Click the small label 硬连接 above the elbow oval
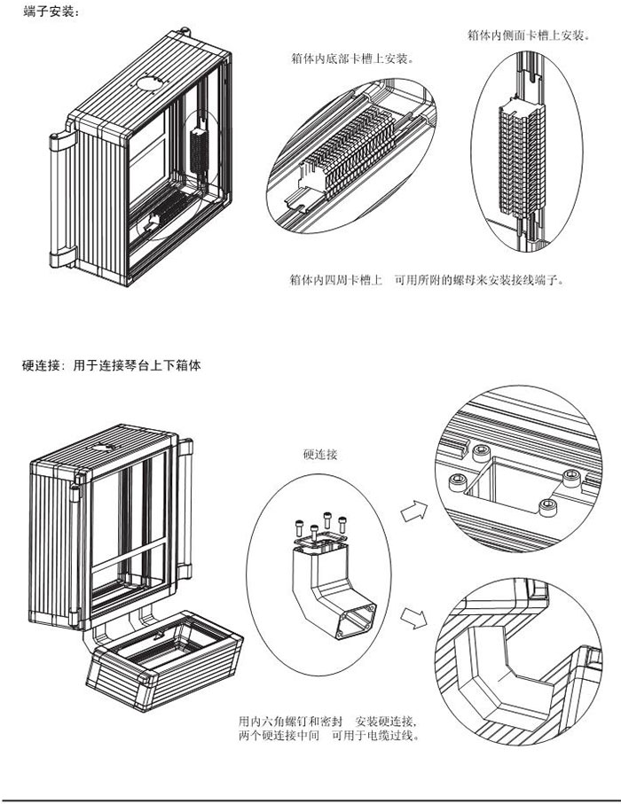(x=320, y=454)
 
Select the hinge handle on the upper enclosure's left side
(x=61, y=199)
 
